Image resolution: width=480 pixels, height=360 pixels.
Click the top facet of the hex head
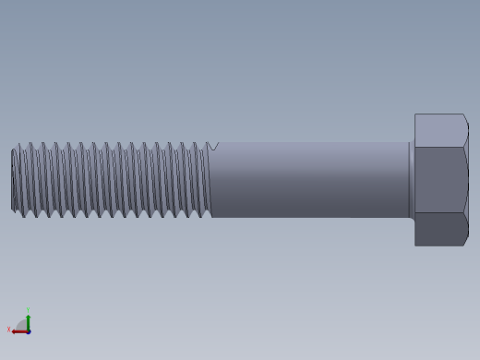point(439,130)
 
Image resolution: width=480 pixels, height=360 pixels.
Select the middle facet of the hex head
point(439,180)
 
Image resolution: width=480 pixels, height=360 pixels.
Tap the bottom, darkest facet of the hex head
point(439,229)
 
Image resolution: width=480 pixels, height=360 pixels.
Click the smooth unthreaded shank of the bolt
point(309,180)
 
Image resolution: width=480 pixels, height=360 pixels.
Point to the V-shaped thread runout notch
point(213,146)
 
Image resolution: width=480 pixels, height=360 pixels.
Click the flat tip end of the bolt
point(13,180)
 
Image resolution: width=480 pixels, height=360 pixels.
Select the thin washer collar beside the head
point(411,180)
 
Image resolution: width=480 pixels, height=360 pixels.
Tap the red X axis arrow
point(18,330)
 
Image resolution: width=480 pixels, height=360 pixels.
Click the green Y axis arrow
point(28,320)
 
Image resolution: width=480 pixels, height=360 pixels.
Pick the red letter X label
point(9,330)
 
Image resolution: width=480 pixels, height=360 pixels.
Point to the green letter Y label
point(28,310)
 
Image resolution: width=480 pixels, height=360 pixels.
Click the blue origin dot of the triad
point(28,330)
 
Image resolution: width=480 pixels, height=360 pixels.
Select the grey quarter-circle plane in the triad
point(22,325)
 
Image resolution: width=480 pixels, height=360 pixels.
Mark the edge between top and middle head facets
point(439,147)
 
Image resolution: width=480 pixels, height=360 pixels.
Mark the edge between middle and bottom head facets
point(439,212)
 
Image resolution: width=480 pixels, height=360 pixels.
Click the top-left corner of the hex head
point(415,115)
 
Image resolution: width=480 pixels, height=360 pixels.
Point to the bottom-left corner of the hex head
point(415,245)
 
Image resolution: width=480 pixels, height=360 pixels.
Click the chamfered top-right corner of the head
point(465,117)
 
